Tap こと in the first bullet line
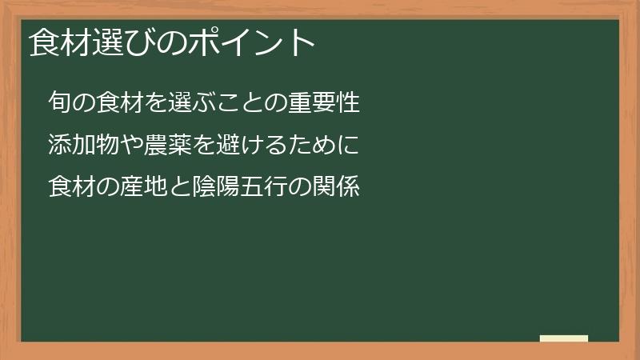[236, 103]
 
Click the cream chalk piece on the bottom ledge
[564, 338]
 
